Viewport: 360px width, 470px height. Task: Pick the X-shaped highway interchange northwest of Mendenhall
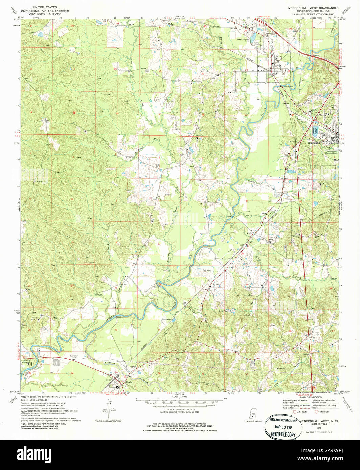tap(315, 118)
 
